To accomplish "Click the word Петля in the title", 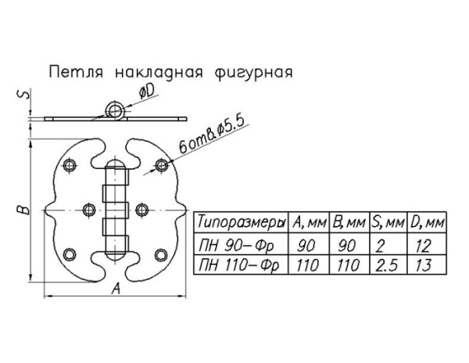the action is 76,72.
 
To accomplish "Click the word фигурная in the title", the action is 253,73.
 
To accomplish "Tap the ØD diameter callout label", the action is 148,92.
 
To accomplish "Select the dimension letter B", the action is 23,210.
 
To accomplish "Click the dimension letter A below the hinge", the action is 116,289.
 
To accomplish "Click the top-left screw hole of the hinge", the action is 70,165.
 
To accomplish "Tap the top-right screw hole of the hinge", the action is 162,165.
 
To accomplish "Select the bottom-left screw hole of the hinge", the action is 70,254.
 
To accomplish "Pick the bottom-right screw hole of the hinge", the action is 161,255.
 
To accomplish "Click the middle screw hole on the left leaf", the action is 89,210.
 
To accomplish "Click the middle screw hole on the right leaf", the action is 142,210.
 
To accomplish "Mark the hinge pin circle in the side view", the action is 114,111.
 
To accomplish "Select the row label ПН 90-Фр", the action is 235,246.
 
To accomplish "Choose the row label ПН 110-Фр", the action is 238,265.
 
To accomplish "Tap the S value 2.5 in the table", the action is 386,265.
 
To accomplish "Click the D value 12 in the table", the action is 423,246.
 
